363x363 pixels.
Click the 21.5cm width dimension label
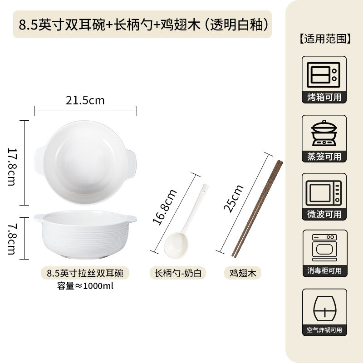(85, 100)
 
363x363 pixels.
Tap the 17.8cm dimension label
(12, 167)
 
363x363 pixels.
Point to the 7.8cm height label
(12, 239)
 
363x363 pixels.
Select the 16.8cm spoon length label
(165, 207)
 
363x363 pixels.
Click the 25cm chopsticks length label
(233, 199)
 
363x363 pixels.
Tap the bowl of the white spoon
(176, 245)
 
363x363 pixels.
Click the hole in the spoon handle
(203, 191)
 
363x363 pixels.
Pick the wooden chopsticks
(257, 209)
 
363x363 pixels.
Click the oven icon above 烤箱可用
(324, 75)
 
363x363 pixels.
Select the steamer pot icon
(324, 133)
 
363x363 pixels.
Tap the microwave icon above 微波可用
(324, 193)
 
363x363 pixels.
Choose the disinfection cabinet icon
(324, 248)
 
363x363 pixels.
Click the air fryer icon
(324, 308)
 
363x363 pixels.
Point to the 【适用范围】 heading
(325, 39)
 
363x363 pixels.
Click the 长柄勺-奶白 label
(178, 273)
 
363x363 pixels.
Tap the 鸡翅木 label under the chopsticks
(243, 273)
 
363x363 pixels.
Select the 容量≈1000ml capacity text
(85, 286)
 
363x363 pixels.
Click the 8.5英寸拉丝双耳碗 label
(85, 273)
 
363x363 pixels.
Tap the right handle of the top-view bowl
(131, 163)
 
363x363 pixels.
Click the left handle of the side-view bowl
(39, 218)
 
